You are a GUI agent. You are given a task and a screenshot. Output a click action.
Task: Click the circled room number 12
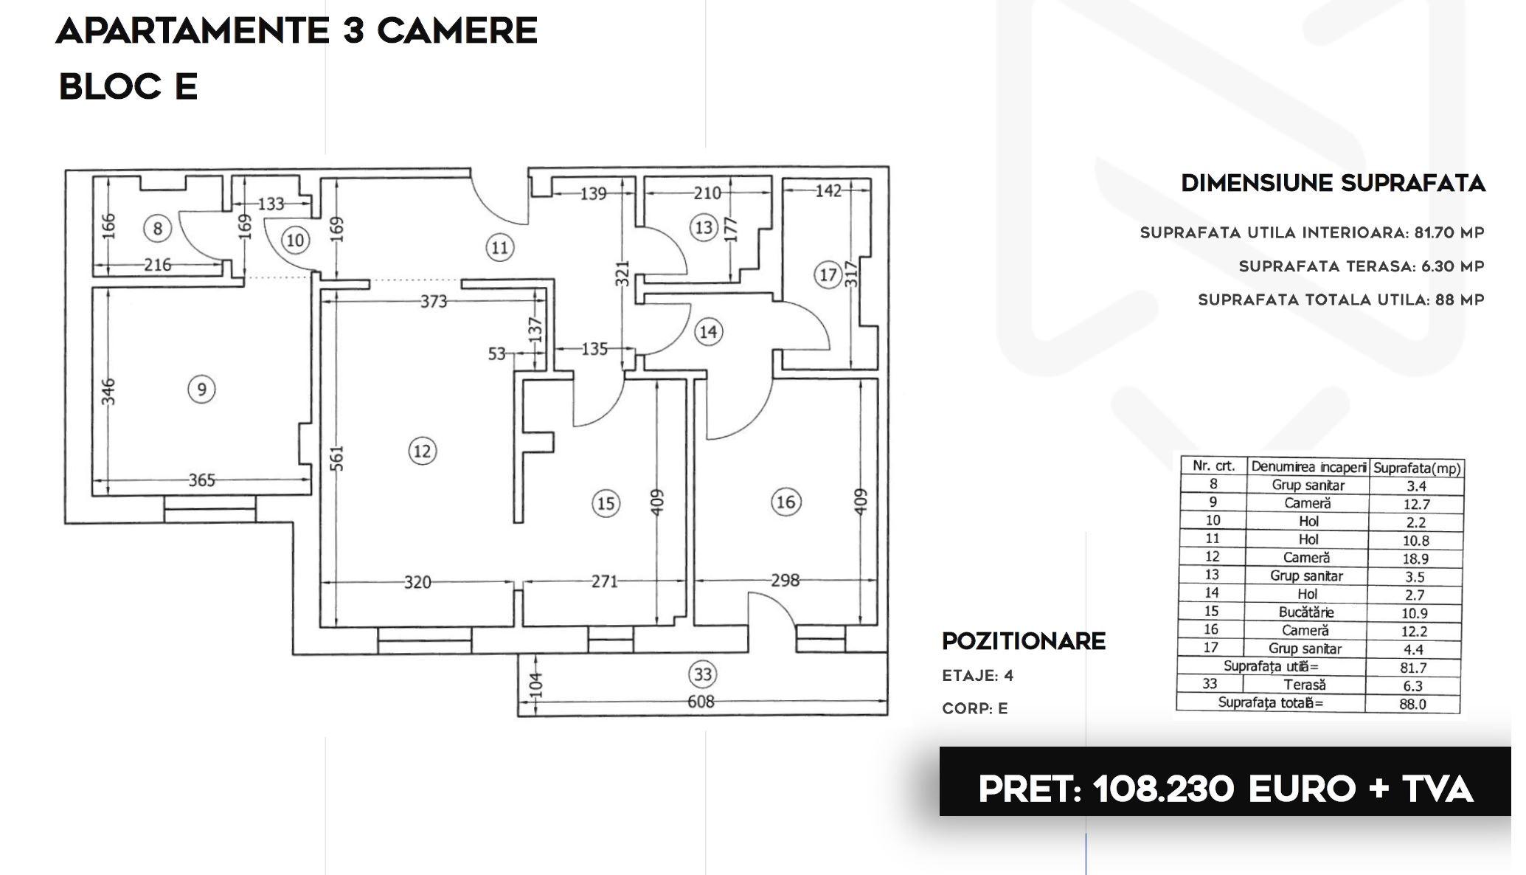point(422,451)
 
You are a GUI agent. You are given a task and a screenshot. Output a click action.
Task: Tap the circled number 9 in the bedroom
point(201,389)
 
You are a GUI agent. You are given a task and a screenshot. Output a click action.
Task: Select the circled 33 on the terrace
point(703,674)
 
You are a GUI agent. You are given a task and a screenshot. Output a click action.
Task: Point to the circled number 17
point(828,275)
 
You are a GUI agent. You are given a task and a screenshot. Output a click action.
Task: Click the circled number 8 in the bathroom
point(157,228)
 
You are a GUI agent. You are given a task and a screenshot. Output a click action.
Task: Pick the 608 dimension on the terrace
point(701,702)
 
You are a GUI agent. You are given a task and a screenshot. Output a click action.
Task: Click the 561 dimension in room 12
point(337,458)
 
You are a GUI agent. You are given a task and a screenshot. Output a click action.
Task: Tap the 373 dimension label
point(434,301)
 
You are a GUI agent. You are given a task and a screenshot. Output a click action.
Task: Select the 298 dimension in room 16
point(785,581)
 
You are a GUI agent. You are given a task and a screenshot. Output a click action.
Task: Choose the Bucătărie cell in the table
point(1306,612)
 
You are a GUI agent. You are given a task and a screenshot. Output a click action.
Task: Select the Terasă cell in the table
point(1304,685)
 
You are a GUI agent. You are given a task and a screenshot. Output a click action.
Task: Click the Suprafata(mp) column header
point(1417,468)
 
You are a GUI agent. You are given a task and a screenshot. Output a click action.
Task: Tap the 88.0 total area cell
point(1412,704)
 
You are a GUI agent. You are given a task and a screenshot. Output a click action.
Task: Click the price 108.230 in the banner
point(1163,789)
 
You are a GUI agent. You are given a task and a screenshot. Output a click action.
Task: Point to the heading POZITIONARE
point(1024,641)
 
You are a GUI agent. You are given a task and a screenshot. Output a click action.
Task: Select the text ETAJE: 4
point(978,676)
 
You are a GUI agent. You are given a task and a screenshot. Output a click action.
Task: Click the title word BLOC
point(110,86)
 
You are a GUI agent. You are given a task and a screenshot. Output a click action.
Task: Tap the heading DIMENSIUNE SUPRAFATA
point(1333,183)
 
